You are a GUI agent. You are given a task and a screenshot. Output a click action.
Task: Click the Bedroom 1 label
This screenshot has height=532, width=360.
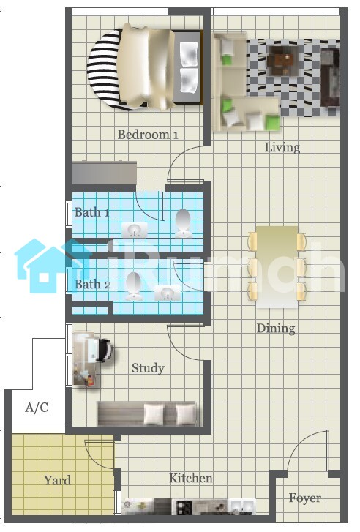pyautogui.click(x=148, y=135)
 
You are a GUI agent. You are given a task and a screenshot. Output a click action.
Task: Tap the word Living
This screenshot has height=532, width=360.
pyautogui.click(x=282, y=148)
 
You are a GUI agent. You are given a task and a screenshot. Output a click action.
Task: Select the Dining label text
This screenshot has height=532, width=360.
pyautogui.click(x=276, y=329)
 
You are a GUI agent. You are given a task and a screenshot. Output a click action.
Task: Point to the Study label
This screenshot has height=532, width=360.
pyautogui.click(x=148, y=368)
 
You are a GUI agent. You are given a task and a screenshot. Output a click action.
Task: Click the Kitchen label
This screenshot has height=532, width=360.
pyautogui.click(x=191, y=478)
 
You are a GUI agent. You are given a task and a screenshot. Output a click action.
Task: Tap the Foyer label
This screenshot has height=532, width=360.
pyautogui.click(x=304, y=498)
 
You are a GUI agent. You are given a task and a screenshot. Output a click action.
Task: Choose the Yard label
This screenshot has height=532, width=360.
pyautogui.click(x=57, y=481)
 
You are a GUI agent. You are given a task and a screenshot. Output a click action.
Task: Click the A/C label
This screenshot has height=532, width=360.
pyautogui.click(x=37, y=407)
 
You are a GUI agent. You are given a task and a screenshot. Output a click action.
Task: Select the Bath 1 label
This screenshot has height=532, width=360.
pyautogui.click(x=91, y=212)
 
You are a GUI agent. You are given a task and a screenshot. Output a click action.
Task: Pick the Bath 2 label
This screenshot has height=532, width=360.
pyautogui.click(x=93, y=285)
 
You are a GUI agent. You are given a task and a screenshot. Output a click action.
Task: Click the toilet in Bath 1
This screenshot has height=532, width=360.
pyautogui.click(x=183, y=222)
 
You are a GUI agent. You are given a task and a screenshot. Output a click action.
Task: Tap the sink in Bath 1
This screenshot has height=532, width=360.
pyautogui.click(x=135, y=230)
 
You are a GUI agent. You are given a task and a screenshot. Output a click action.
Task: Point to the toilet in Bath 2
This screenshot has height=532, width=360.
pyautogui.click(x=133, y=285)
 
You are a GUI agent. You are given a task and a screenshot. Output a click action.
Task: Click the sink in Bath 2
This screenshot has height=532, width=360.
pyautogui.click(x=168, y=293)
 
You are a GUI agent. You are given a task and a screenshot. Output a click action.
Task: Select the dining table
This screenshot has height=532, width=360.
pyautogui.click(x=277, y=267)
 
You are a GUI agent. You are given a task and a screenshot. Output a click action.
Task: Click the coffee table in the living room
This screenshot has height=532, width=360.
pyautogui.click(x=282, y=61)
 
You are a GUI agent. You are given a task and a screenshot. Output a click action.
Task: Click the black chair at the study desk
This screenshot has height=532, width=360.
pyautogui.click(x=105, y=350)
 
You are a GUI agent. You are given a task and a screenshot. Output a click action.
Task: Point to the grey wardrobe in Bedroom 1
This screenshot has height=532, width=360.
pyautogui.click(x=105, y=173)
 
